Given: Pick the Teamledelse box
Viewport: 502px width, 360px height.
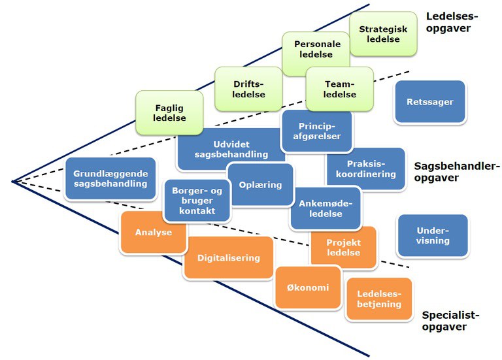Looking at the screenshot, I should point(340,88).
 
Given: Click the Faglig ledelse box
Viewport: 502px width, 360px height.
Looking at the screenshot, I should point(171,113).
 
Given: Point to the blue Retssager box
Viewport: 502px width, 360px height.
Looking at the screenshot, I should point(429,102).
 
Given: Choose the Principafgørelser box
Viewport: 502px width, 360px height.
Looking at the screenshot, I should point(316,131).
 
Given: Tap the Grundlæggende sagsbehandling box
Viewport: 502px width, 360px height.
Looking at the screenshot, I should point(110,179).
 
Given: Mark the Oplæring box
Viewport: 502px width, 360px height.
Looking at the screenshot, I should point(260,185).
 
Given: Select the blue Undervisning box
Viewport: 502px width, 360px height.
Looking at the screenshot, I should point(433,235).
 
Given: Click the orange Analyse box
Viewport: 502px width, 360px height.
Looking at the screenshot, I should point(154,233).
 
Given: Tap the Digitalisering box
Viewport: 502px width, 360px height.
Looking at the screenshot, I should point(229,257).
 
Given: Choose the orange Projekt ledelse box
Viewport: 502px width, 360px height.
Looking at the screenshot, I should point(344,248).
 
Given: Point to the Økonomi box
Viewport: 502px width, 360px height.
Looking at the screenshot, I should point(308,287).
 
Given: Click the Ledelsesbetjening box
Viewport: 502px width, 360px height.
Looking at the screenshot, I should point(379,299).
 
